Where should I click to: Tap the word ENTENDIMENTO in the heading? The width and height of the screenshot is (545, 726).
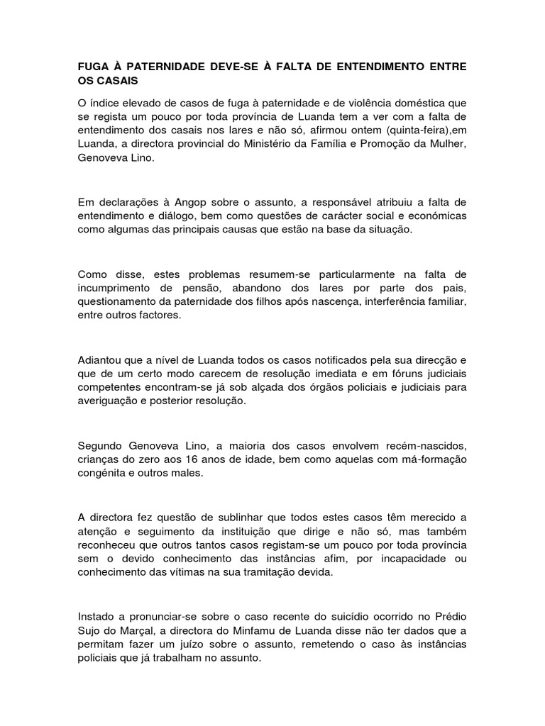[x=380, y=67]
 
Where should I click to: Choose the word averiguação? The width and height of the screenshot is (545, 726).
[x=113, y=401]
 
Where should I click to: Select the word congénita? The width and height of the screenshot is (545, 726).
[x=103, y=473]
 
